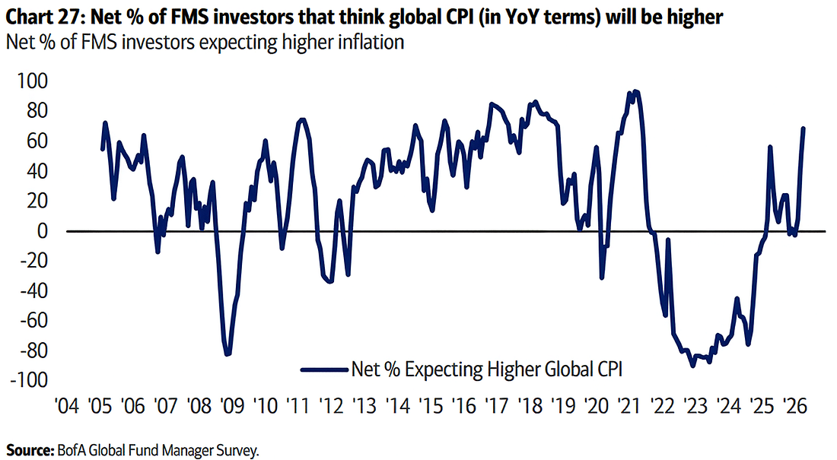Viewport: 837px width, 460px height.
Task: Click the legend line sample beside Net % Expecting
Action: point(323,370)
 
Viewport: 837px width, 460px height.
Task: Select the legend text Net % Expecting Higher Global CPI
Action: point(487,370)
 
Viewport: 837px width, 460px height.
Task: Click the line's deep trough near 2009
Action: point(227,354)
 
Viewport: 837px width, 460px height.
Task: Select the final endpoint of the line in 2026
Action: point(804,128)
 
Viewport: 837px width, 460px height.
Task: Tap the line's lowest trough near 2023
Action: point(693,366)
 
